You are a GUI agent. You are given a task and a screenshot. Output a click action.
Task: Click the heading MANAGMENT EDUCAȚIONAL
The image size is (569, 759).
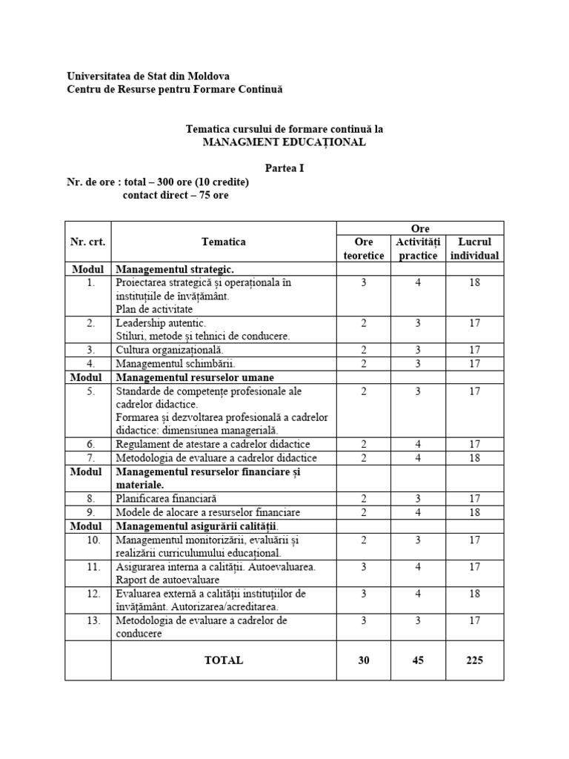(x=284, y=142)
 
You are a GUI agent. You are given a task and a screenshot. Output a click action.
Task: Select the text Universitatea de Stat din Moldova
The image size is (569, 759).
(x=148, y=76)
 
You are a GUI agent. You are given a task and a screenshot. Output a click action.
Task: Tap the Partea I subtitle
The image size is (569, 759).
(x=284, y=168)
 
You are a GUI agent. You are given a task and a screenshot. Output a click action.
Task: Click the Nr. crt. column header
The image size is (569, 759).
(x=87, y=242)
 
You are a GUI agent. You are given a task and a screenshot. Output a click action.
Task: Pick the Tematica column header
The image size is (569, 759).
(x=224, y=242)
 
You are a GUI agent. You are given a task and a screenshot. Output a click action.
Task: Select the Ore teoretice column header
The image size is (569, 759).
(x=364, y=248)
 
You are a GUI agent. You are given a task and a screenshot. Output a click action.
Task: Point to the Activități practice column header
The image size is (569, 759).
(x=418, y=248)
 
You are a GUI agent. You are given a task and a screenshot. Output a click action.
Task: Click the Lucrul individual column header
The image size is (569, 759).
(x=475, y=248)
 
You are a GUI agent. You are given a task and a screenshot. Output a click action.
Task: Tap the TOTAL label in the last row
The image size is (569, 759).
(x=224, y=660)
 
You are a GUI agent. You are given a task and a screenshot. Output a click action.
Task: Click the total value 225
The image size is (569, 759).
(x=475, y=660)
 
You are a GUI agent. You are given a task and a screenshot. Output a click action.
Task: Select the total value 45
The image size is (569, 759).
(x=418, y=660)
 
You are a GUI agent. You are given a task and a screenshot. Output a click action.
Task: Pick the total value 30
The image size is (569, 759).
(x=364, y=660)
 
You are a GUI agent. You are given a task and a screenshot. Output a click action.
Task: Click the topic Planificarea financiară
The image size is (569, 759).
(x=166, y=499)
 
